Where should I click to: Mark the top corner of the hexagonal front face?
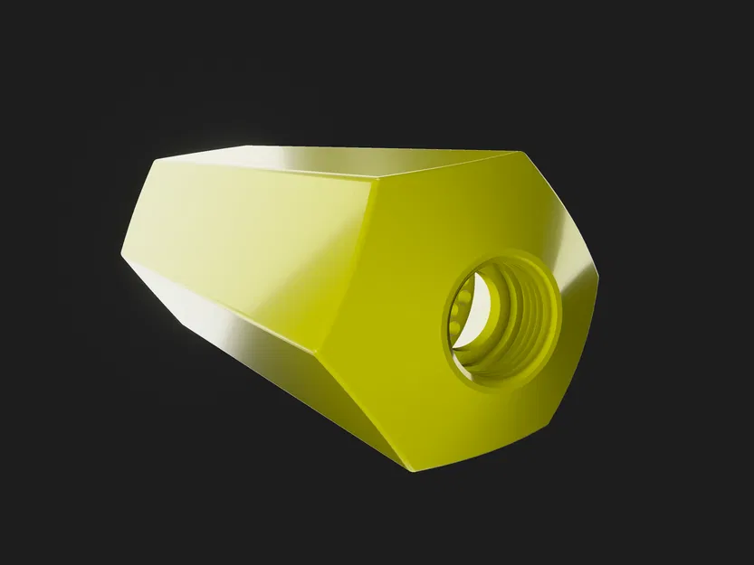pyautogui.click(x=518, y=153)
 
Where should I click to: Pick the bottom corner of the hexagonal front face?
pyautogui.click(x=412, y=470)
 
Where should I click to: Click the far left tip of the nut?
pyautogui.click(x=122, y=254)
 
